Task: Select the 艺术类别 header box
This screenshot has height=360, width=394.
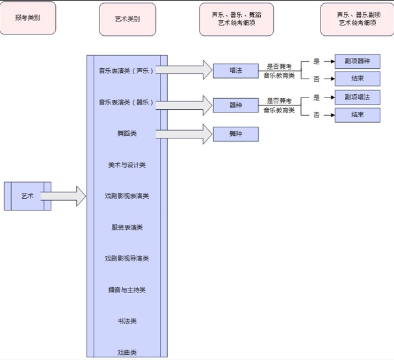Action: [127, 19]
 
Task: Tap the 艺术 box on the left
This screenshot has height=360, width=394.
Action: [27, 196]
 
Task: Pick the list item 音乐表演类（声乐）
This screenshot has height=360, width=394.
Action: [127, 70]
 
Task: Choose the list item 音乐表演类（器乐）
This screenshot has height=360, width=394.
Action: [127, 102]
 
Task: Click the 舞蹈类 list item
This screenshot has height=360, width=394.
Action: [127, 133]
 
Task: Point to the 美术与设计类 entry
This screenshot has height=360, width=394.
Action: [127, 165]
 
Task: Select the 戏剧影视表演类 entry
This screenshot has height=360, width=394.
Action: [127, 196]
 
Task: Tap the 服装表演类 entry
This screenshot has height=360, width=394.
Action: [127, 227]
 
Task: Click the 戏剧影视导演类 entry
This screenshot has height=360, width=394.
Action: [127, 259]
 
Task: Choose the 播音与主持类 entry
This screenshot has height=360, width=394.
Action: [127, 290]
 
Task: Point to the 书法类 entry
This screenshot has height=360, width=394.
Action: [127, 321]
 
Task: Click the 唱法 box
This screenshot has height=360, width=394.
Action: [236, 70]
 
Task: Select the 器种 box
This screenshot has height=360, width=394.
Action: [236, 104]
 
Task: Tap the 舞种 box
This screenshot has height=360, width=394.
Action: [236, 134]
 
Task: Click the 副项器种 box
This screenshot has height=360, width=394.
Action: [357, 62]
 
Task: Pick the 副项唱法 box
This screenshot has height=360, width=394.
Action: [357, 97]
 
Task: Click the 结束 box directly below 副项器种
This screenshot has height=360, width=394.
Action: [357, 79]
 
